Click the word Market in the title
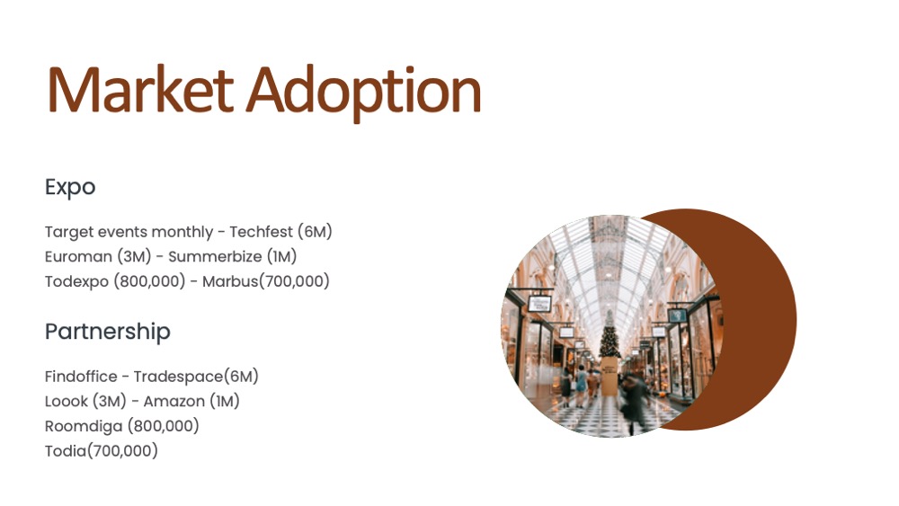[140, 90]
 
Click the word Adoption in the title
[363, 94]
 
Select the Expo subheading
[70, 187]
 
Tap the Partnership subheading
[108, 332]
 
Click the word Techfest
[262, 232]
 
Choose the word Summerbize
[215, 256]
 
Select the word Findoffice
[81, 377]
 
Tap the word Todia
[66, 451]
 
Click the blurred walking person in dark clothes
[635, 404]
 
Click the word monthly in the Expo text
[182, 232]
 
